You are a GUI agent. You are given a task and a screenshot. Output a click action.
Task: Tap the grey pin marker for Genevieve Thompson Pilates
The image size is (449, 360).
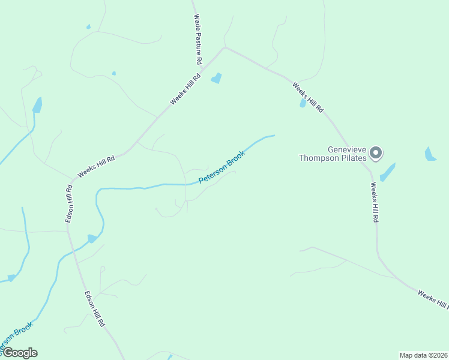point(376,153)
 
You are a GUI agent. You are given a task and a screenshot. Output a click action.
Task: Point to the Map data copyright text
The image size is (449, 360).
point(423,355)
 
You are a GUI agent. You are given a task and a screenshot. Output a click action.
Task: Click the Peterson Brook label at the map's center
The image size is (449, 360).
point(222,166)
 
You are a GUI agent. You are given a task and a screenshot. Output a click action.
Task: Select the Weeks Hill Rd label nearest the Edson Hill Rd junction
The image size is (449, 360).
point(96,166)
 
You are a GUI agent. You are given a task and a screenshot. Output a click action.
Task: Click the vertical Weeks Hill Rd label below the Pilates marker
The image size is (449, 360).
point(373,203)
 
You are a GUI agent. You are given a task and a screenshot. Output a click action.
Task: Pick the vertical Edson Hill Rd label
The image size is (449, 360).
point(70,204)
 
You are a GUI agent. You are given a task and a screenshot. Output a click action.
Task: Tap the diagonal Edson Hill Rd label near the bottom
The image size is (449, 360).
point(95,308)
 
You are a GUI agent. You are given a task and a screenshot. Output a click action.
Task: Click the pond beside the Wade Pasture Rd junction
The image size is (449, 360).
point(216,78)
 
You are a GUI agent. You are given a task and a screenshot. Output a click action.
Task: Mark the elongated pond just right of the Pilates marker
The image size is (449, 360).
point(387,172)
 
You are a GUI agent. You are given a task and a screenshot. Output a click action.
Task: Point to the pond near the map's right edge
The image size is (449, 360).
point(430,154)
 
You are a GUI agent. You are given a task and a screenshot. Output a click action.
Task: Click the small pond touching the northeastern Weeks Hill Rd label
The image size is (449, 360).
point(303,103)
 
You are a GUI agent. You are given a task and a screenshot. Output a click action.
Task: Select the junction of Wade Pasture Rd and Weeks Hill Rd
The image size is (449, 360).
point(224,47)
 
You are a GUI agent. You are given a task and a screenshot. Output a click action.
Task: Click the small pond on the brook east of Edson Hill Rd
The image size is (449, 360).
point(91,239)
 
